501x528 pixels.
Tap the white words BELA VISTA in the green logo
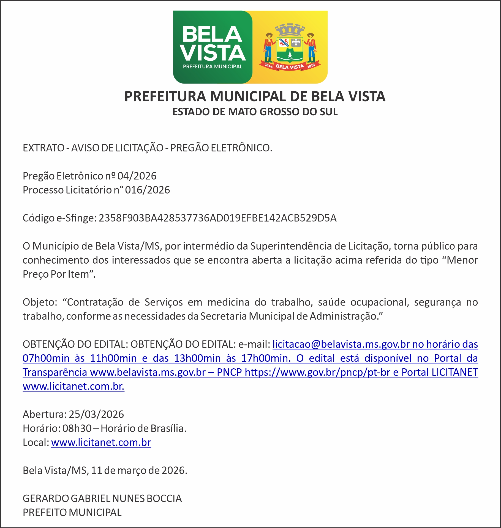pyautogui.click(x=213, y=44)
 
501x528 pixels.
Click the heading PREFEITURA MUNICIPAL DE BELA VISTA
pyautogui.click(x=255, y=97)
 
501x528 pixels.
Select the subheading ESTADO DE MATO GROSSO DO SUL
pyautogui.click(x=255, y=112)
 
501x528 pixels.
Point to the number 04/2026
pyautogui.click(x=137, y=176)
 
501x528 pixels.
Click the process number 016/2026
pyautogui.click(x=147, y=190)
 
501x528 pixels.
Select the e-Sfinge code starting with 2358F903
pyautogui.click(x=217, y=218)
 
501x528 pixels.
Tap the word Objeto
pyautogui.click(x=39, y=302)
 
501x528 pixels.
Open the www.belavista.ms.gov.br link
pyautogui.click(x=148, y=372)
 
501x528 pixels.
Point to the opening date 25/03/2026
pyautogui.click(x=96, y=414)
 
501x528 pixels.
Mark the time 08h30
pyautogui.click(x=77, y=428)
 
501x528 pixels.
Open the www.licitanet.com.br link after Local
pyautogui.click(x=101, y=443)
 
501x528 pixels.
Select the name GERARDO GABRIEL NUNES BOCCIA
pyautogui.click(x=102, y=498)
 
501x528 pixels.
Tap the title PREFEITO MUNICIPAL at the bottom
pyautogui.click(x=72, y=513)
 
